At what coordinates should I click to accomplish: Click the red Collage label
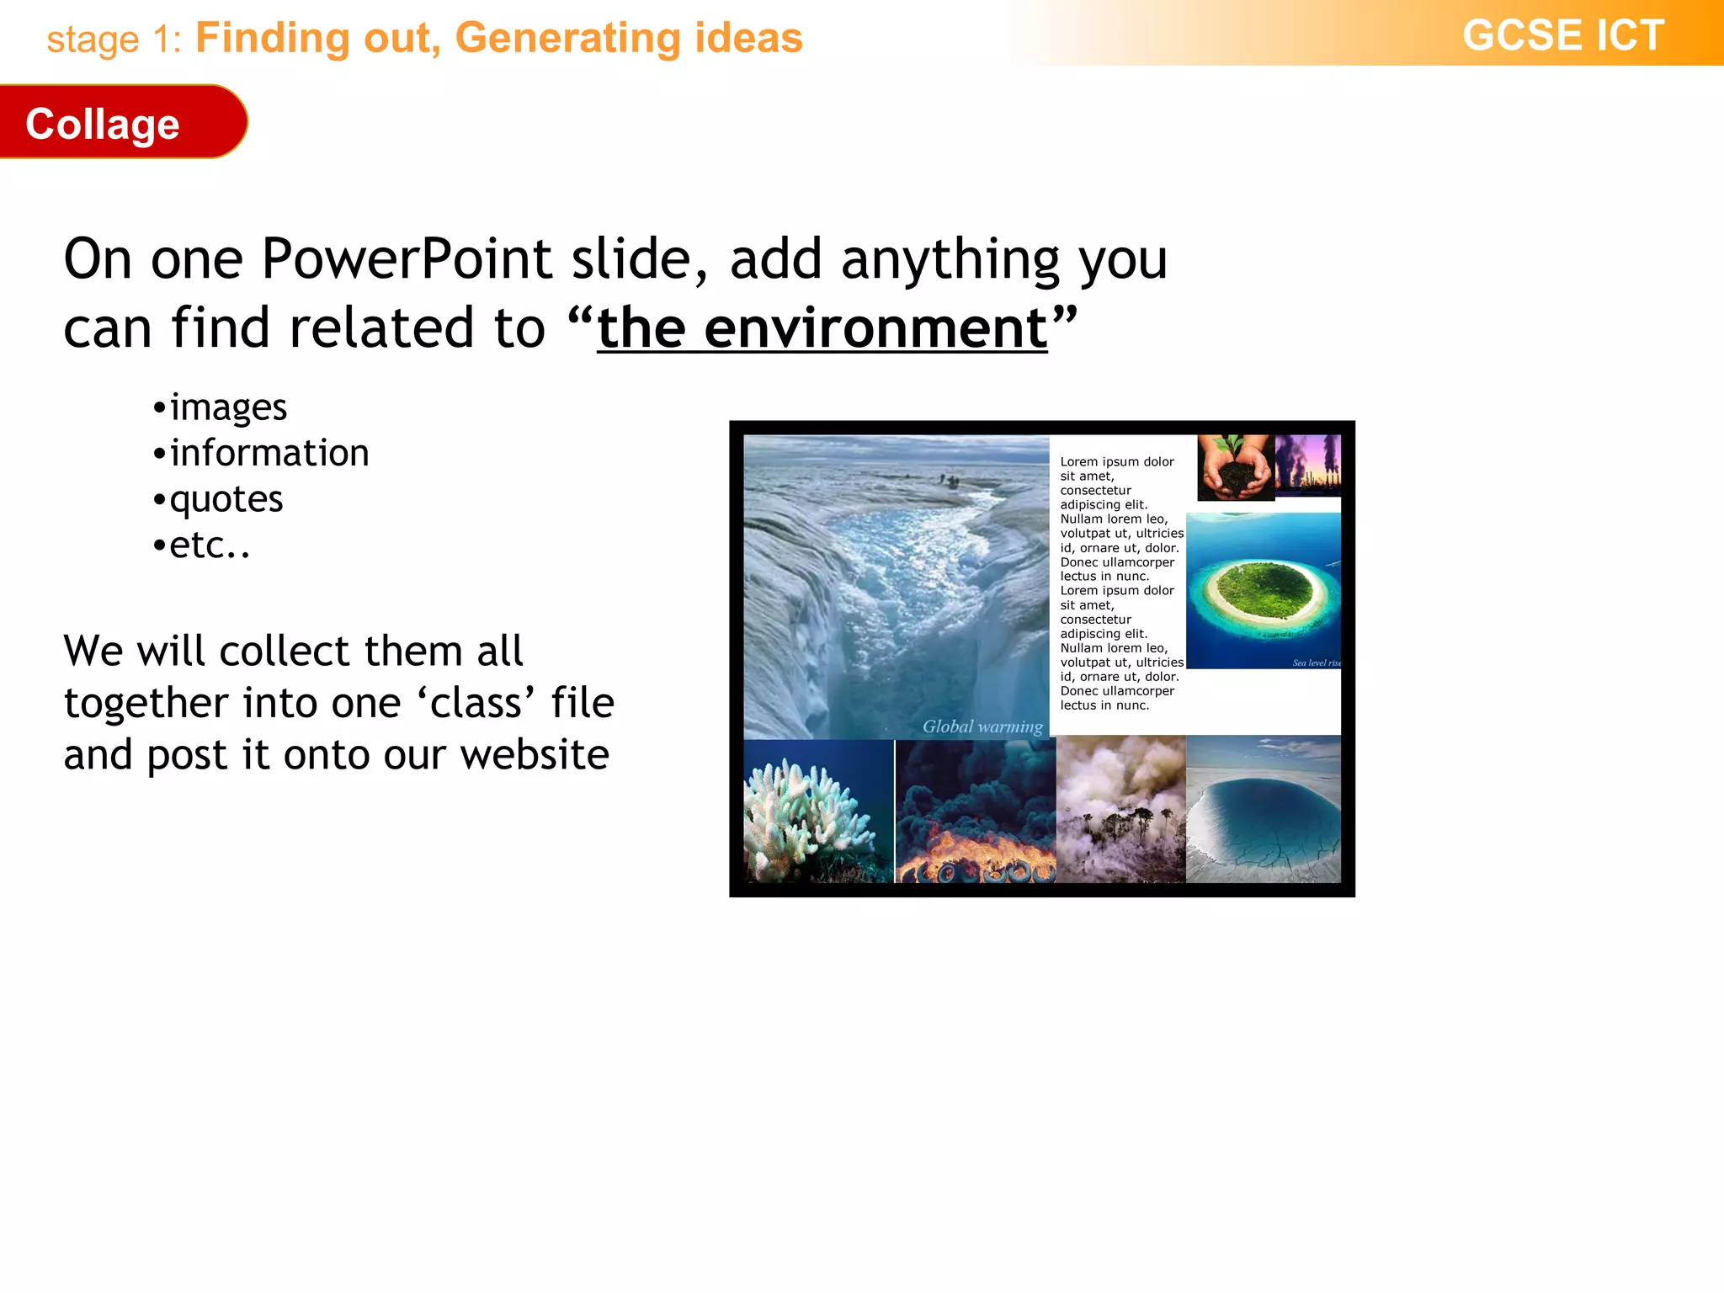click(x=103, y=124)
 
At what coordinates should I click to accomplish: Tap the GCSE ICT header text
click(x=1562, y=36)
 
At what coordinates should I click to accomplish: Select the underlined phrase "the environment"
click(x=822, y=328)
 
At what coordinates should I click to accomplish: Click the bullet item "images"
click(x=228, y=407)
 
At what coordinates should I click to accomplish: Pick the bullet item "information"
click(x=269, y=453)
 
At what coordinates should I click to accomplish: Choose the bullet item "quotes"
click(x=226, y=499)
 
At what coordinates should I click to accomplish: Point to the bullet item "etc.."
click(x=210, y=545)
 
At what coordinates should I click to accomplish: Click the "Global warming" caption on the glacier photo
click(x=982, y=726)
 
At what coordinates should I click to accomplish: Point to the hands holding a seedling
click(x=1235, y=468)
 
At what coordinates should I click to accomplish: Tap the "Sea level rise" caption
click(x=1316, y=663)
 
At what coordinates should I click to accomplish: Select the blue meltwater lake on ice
click(x=1263, y=812)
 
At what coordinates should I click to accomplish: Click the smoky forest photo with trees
click(x=1120, y=810)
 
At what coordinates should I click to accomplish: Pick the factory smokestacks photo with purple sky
click(x=1307, y=465)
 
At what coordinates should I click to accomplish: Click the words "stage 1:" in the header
click(x=114, y=40)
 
